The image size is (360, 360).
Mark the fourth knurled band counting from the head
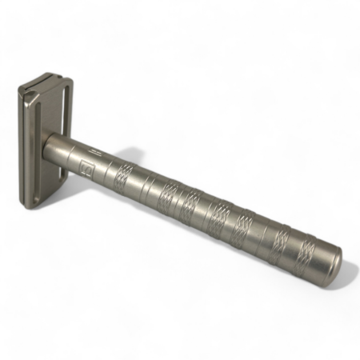pyautogui.click(x=219, y=214)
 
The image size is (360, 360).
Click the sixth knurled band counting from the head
pyautogui.click(x=280, y=239)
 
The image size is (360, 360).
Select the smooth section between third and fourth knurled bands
pyautogui.click(x=205, y=209)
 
